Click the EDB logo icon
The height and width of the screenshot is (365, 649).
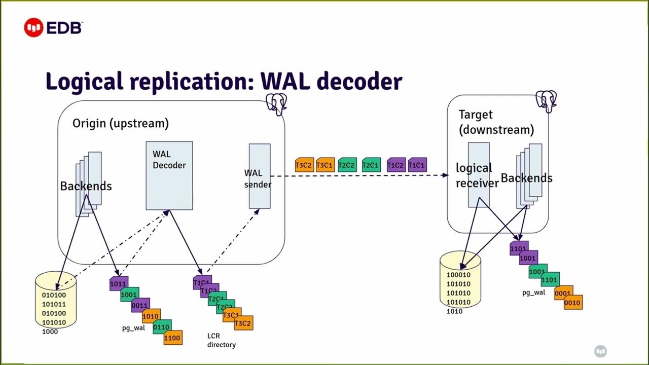[33, 28]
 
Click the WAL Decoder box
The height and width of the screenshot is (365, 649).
[169, 175]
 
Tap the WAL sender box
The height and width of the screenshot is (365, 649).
[259, 176]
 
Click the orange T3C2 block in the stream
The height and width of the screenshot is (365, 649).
[304, 165]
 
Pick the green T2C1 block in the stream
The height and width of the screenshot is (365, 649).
[371, 165]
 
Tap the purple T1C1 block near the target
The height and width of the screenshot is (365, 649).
[417, 165]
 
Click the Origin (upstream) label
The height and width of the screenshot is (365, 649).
[120, 123]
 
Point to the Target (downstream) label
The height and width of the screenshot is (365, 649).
[496, 122]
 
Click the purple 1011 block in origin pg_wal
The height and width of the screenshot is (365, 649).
[118, 283]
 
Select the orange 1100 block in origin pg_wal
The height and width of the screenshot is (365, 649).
[172, 337]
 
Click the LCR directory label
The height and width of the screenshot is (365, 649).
[221, 340]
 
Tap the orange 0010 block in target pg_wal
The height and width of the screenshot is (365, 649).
[572, 303]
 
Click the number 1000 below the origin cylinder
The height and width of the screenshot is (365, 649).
[50, 332]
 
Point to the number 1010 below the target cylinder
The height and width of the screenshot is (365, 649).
[454, 311]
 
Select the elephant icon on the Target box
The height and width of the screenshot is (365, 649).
[546, 101]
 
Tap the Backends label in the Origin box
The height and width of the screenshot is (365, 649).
[86, 186]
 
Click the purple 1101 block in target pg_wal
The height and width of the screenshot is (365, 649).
[518, 249]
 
